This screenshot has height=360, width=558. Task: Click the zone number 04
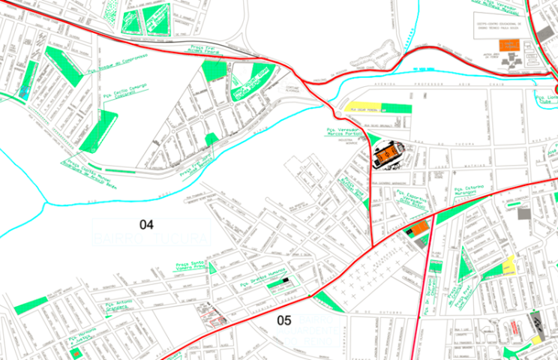point(146,223)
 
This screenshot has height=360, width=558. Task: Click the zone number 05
point(284,320)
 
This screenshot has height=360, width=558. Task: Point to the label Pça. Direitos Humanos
point(259,283)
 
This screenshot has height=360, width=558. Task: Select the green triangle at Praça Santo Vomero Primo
point(212,266)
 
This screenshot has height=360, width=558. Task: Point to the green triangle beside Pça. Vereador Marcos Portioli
point(374,138)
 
